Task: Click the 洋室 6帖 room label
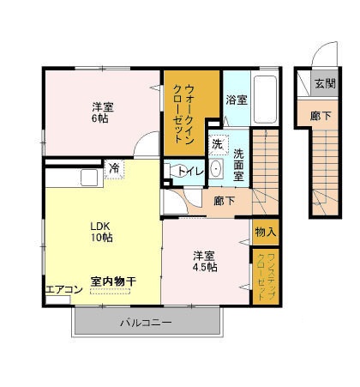click(103, 112)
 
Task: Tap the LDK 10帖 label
click(101, 232)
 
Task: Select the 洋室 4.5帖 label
click(205, 262)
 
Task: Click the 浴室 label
click(237, 100)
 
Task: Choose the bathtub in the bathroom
click(265, 100)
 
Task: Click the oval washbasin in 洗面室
click(216, 169)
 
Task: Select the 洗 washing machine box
click(219, 145)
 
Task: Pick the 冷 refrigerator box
click(115, 169)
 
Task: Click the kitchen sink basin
click(89, 178)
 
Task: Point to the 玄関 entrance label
click(325, 83)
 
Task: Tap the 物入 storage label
click(266, 232)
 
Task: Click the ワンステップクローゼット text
click(266, 276)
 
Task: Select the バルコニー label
click(146, 323)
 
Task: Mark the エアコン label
click(64, 289)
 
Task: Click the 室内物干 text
click(113, 281)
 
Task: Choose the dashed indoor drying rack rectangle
click(111, 291)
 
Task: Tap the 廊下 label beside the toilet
click(225, 201)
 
